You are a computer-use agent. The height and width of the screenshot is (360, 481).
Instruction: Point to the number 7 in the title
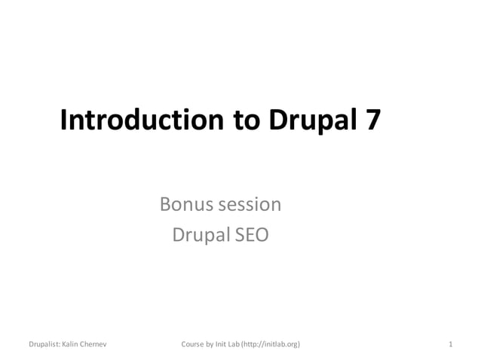tap(373, 121)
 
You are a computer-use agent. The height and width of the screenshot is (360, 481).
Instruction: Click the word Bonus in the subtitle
tap(185, 204)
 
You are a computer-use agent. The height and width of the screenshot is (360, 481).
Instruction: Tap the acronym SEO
tap(250, 235)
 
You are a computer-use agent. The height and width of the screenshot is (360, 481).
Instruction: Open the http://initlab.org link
tap(273, 344)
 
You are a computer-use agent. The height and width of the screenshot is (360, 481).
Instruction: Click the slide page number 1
tap(450, 344)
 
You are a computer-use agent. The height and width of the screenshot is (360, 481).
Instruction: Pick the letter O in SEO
tap(259, 235)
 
